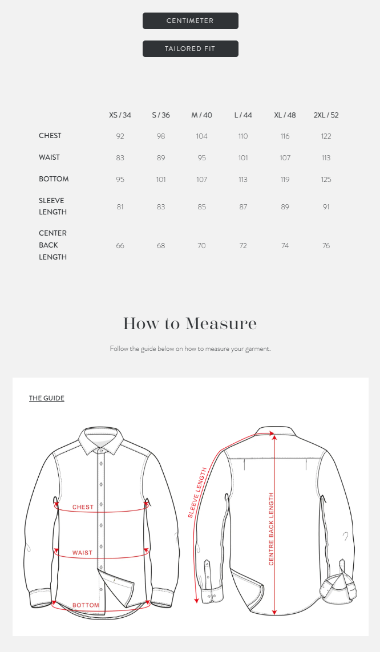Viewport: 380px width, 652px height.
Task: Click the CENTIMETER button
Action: [190, 21]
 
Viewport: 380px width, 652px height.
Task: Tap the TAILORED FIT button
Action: [190, 49]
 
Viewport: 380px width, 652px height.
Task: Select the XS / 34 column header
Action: [120, 115]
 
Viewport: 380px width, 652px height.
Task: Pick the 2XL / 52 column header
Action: [326, 115]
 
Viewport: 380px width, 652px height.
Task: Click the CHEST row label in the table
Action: [50, 136]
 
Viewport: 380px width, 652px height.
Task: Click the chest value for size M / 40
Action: [201, 136]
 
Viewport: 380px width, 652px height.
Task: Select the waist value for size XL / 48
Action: [285, 158]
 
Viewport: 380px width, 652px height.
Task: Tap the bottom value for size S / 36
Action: [161, 180]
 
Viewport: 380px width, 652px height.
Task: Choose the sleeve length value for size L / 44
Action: [243, 207]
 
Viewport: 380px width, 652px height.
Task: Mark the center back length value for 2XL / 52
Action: [326, 246]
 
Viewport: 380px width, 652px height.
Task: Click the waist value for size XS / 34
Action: [120, 158]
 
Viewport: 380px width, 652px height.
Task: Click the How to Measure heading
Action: [190, 324]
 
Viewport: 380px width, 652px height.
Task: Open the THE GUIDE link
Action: [47, 398]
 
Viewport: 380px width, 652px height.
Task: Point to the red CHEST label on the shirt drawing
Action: [83, 507]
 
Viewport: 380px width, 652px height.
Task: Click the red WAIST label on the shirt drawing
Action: [82, 553]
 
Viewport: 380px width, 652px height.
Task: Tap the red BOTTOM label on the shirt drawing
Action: [86, 605]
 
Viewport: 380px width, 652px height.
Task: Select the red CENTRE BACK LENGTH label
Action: [272, 529]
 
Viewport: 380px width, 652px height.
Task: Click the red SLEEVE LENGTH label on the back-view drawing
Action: [197, 492]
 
